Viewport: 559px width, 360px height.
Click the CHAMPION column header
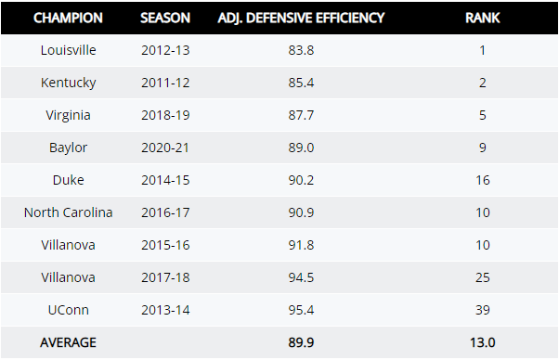(68, 18)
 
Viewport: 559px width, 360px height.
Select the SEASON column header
(165, 18)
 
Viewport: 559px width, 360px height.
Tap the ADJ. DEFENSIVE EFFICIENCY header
(301, 18)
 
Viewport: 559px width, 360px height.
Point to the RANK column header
(483, 18)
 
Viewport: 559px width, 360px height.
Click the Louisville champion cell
(68, 50)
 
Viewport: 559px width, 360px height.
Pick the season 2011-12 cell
(165, 83)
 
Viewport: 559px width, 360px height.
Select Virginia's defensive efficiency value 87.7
(301, 115)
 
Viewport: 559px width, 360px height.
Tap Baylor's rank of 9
(483, 148)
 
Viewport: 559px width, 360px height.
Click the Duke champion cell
(68, 180)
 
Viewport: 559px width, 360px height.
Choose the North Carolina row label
(68, 212)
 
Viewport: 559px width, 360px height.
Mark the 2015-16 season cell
(165, 245)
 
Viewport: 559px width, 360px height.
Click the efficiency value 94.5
(301, 277)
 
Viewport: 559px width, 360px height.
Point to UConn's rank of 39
(483, 310)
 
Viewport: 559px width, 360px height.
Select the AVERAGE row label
(68, 342)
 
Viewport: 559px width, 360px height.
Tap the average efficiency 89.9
(301, 342)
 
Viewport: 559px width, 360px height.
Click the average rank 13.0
(483, 342)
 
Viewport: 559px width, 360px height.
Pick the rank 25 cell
(483, 277)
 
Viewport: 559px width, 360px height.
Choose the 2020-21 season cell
(165, 148)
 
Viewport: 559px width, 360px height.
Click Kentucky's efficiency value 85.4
(301, 83)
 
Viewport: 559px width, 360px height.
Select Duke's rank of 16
(483, 180)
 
